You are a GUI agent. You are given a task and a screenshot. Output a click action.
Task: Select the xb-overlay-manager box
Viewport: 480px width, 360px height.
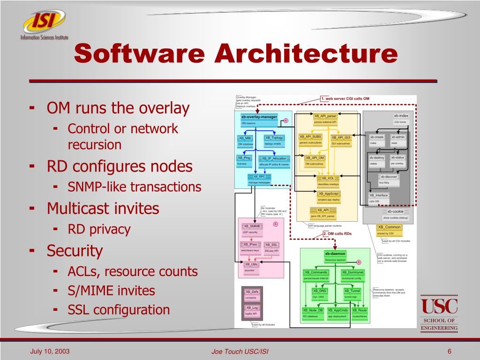tap(259, 117)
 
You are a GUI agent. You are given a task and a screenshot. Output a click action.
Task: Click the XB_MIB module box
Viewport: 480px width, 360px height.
tap(245, 138)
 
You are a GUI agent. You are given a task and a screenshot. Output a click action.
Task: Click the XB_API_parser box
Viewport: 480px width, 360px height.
tap(325, 116)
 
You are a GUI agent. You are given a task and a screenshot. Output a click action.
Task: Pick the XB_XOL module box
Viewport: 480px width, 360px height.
tap(328, 179)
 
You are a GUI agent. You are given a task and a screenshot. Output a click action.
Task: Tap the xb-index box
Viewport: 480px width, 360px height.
tap(401, 116)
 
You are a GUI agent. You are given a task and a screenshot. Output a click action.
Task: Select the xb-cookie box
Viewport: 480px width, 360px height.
tap(395, 212)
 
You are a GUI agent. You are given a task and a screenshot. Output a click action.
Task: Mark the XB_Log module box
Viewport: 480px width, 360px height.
tap(252, 308)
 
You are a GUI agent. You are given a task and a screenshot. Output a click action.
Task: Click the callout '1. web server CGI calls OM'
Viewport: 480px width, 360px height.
tap(345, 98)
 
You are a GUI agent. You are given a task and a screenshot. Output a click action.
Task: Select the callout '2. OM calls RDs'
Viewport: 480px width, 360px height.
tap(337, 233)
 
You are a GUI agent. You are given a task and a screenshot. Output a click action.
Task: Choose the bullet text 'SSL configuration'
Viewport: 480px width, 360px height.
tap(119, 310)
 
